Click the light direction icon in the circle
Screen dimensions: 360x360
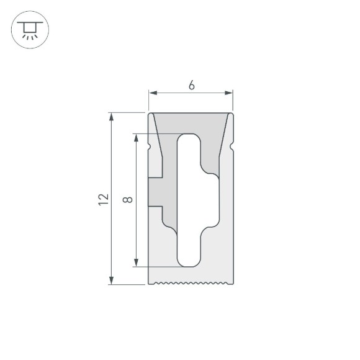[x=29, y=29]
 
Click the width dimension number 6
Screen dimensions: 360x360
[x=191, y=86]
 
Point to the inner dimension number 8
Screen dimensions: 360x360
[x=127, y=200]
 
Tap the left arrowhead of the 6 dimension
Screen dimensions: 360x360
[x=151, y=93]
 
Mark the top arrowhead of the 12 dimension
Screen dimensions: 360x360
[x=112, y=116]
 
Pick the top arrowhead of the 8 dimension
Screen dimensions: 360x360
[x=135, y=137]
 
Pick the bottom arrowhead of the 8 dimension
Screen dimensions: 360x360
[x=135, y=263]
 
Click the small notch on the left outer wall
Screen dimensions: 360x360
[x=150, y=146]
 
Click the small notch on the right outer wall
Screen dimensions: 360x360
[x=232, y=146]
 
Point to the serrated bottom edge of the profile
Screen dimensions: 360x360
[x=191, y=284]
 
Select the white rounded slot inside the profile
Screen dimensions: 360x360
[x=189, y=200]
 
